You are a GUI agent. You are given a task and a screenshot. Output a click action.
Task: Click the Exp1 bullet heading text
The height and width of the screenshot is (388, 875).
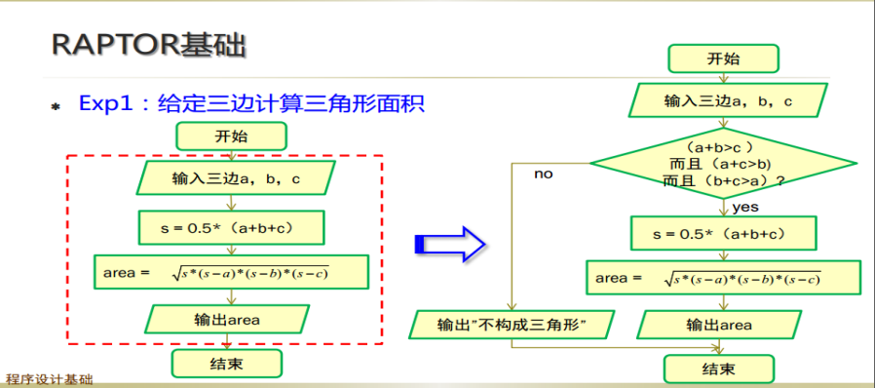(251, 103)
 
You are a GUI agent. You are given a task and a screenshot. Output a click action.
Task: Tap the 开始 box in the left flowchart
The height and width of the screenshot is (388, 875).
(231, 136)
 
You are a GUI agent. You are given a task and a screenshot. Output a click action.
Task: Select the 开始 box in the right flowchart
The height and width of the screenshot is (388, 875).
(723, 58)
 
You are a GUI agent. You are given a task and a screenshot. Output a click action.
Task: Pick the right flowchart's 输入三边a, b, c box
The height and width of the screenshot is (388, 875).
(728, 100)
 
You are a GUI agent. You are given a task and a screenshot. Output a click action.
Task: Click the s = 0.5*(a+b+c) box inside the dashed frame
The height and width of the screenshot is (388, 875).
(231, 227)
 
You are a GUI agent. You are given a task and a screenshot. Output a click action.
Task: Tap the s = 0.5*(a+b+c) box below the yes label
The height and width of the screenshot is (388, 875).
(722, 234)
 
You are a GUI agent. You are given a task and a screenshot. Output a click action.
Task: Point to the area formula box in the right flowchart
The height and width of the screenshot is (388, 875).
(722, 278)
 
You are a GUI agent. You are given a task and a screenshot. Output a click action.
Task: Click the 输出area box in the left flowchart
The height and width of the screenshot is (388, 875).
(226, 319)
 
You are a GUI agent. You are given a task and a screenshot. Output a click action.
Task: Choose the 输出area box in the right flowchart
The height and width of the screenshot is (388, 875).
(719, 325)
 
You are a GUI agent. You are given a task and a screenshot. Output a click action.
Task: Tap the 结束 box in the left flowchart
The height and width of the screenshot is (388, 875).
(226, 364)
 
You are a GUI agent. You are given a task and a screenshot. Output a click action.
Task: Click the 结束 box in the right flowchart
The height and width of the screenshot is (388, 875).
(718, 369)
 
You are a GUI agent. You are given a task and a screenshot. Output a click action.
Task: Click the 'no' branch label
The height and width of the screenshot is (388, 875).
(543, 174)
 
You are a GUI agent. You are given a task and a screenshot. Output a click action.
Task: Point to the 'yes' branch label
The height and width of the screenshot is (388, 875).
(744, 207)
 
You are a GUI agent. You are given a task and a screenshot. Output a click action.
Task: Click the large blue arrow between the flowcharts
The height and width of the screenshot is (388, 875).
(449, 243)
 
